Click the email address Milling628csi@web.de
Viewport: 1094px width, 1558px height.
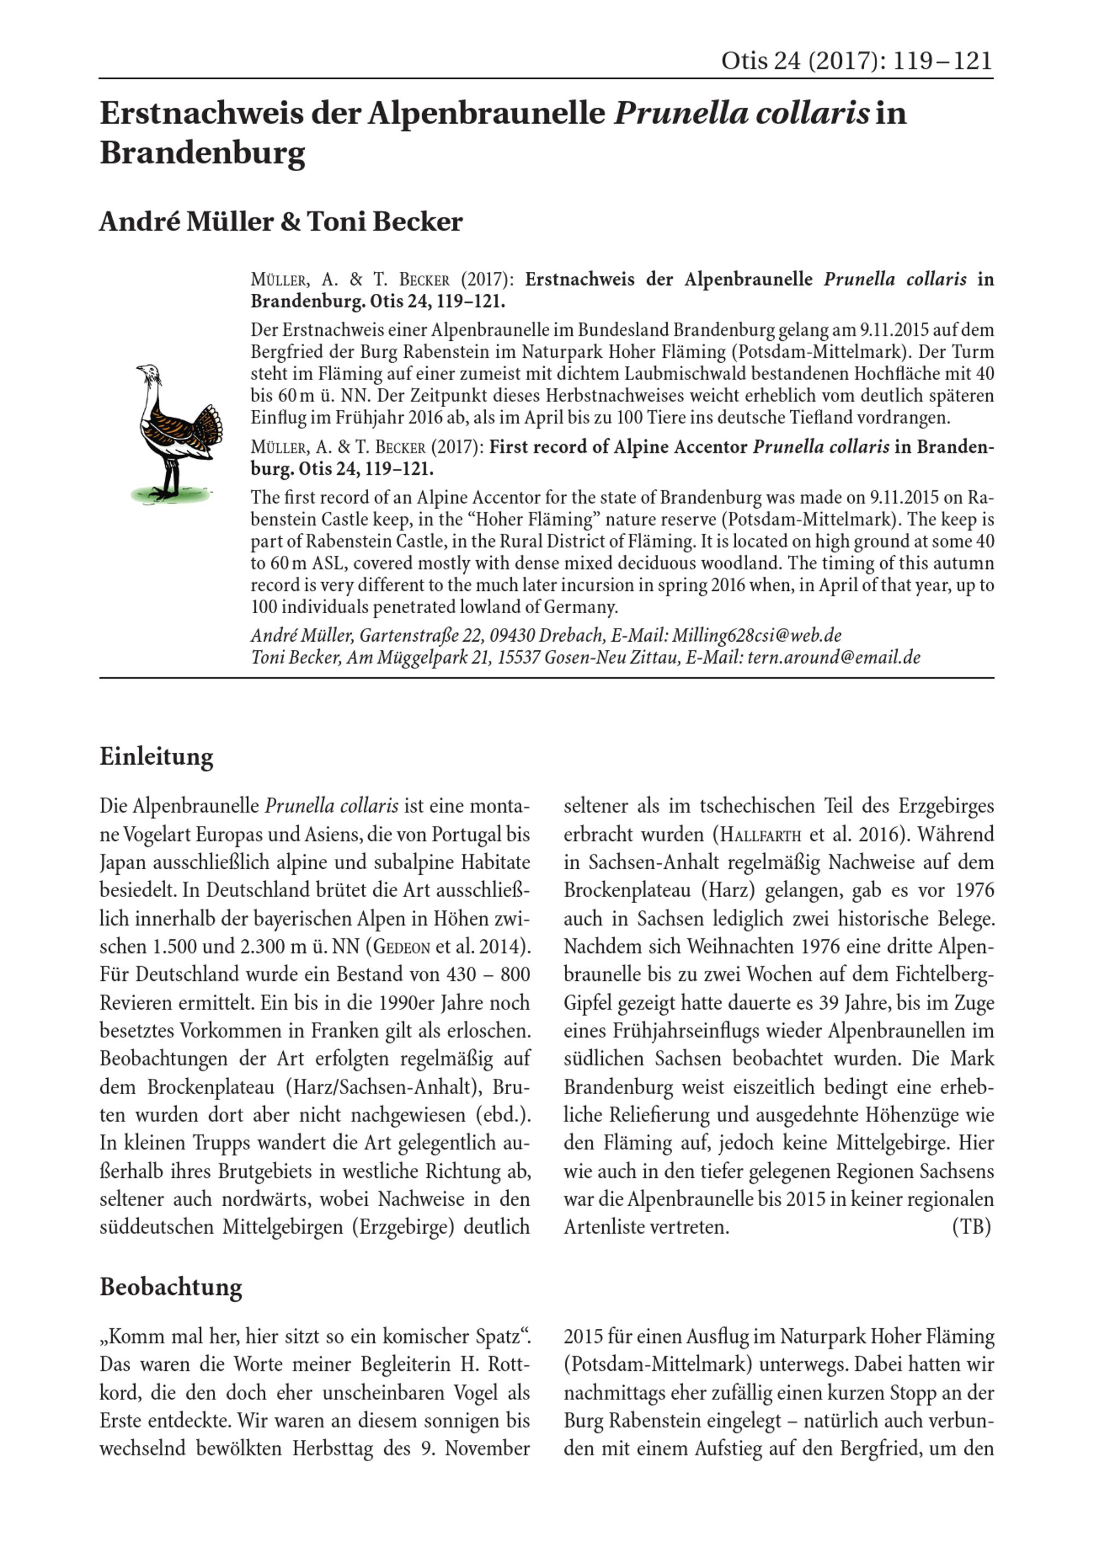757,635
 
